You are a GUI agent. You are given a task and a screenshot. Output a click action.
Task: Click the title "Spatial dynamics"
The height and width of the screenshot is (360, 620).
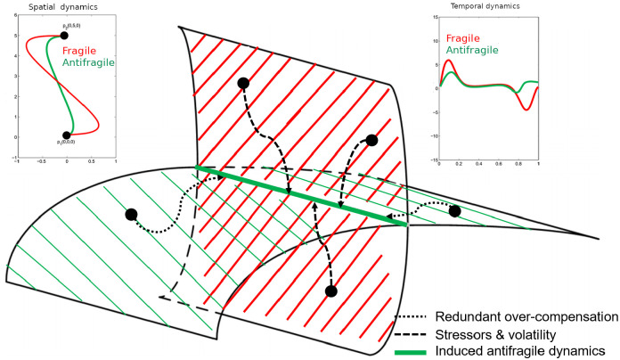tap(55, 6)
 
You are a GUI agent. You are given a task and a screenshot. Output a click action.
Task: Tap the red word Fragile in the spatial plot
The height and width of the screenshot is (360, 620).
tap(83, 52)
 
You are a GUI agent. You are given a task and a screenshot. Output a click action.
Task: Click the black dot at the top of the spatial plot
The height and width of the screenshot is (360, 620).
tap(65, 36)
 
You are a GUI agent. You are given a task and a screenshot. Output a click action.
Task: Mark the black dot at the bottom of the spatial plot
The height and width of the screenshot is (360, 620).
tap(67, 135)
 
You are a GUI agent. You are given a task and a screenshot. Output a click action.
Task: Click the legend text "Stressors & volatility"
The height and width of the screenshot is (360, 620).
tap(496, 334)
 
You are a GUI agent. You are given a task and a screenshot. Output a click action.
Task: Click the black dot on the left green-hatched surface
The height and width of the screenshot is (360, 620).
tap(132, 214)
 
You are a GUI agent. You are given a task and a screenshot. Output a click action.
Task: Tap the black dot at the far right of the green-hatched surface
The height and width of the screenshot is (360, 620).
tap(455, 211)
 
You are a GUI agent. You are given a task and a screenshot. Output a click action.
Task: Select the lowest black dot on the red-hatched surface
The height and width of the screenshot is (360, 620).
tap(331, 290)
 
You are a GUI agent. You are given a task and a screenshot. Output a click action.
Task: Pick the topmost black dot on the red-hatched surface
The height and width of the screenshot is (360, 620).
tap(242, 83)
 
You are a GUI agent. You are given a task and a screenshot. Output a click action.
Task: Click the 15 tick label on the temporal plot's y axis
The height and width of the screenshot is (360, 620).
tap(434, 17)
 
